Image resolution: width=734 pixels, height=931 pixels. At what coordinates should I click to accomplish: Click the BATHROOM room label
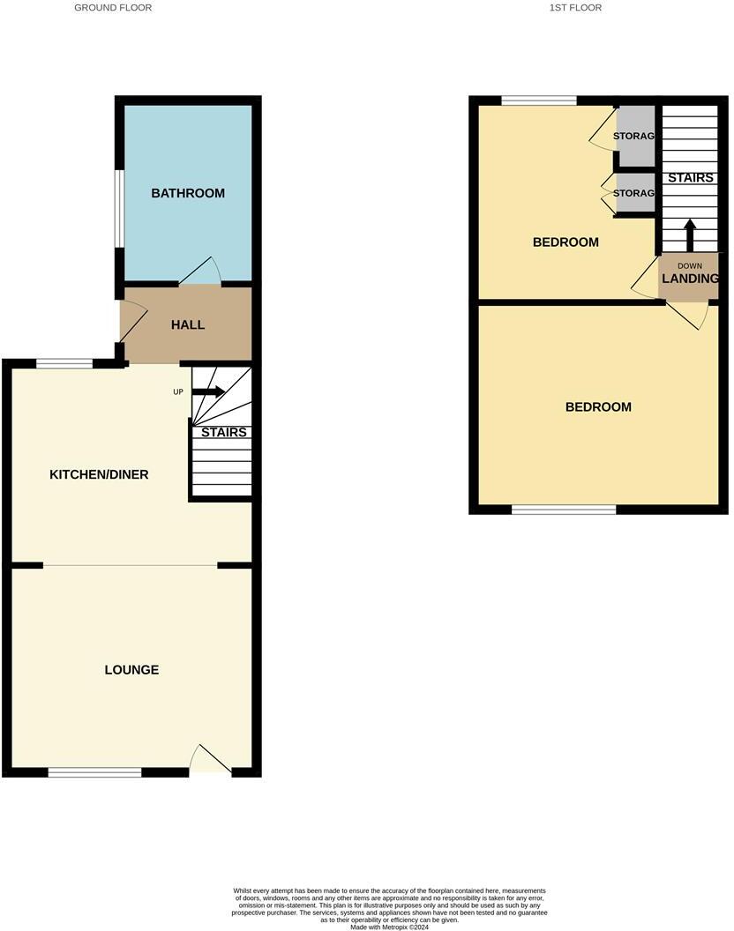[x=188, y=193]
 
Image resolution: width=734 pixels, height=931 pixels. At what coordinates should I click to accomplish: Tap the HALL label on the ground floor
[x=188, y=324]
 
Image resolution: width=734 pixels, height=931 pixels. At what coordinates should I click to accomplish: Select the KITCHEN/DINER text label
[x=99, y=474]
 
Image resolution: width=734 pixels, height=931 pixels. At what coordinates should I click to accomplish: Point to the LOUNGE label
[x=132, y=670]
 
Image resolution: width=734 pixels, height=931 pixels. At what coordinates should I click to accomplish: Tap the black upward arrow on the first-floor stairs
[x=690, y=235]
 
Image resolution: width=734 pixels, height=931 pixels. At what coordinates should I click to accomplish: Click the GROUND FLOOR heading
[x=113, y=7]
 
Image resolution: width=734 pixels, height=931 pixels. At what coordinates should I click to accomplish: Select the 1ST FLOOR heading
[x=575, y=7]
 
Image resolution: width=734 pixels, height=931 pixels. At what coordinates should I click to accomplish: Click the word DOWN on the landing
[x=690, y=265]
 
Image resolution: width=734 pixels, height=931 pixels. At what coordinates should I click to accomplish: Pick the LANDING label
[x=690, y=279]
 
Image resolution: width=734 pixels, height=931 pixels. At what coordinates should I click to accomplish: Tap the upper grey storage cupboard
[x=635, y=136]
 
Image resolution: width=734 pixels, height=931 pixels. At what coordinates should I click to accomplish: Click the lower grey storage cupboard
[x=635, y=193]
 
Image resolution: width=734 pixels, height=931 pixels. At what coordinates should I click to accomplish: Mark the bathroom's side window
[x=117, y=208]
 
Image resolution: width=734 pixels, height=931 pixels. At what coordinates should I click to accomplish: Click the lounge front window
[x=95, y=773]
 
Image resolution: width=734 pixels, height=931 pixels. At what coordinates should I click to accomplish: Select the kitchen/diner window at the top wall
[x=64, y=362]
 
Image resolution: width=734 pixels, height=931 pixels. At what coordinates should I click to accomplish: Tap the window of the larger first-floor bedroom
[x=564, y=510]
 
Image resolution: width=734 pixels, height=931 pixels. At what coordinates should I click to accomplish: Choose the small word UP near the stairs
[x=178, y=391]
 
